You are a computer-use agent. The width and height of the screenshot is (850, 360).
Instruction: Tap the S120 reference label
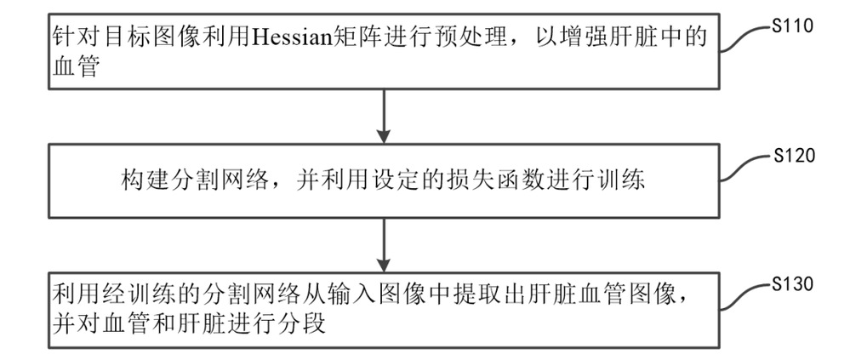point(794,156)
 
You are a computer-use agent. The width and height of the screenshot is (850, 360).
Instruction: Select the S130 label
point(792,284)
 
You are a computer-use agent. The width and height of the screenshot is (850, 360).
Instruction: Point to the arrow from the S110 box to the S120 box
point(383,116)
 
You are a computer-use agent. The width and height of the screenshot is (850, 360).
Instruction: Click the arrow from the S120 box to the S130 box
point(383,244)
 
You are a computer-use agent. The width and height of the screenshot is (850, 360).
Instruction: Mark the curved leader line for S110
point(746,38)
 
